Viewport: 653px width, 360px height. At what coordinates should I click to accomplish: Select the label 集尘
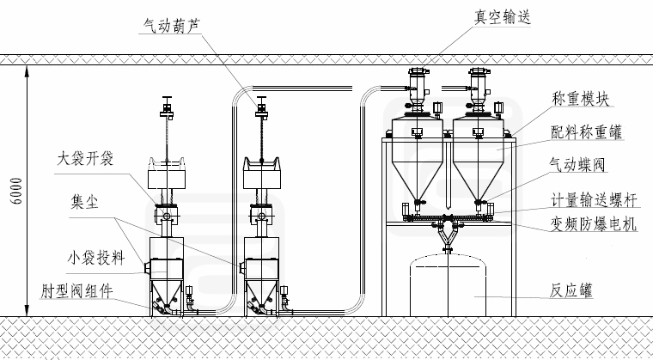click(83, 203)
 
